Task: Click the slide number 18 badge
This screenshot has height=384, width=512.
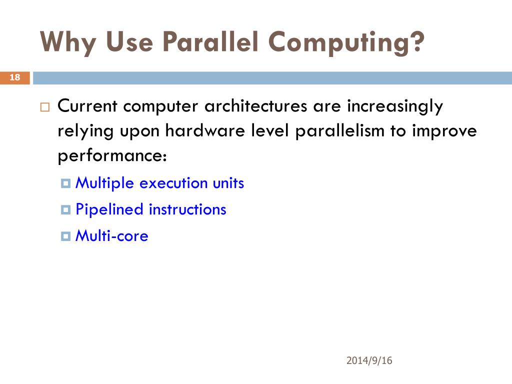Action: tap(15, 77)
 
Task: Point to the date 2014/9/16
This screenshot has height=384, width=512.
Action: tap(369, 361)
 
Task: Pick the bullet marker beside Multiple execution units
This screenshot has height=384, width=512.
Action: tap(65, 183)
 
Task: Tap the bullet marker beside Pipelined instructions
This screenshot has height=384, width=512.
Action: tap(65, 209)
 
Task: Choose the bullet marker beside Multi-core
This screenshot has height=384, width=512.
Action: tap(65, 236)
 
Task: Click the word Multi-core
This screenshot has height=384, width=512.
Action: tap(111, 235)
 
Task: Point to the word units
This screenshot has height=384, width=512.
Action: tap(228, 183)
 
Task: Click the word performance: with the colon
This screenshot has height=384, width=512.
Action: tap(112, 156)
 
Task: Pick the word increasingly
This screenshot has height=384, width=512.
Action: tap(395, 106)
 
